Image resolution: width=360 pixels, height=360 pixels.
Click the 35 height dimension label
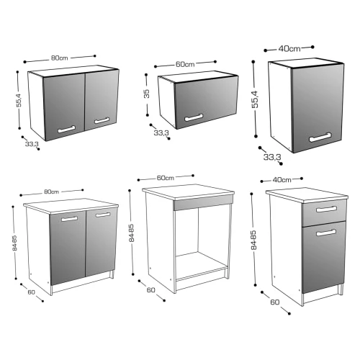(145, 94)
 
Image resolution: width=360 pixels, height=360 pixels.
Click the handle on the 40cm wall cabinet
(320, 136)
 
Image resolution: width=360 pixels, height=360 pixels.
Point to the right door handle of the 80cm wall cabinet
(102, 120)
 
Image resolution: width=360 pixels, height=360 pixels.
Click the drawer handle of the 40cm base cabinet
(325, 210)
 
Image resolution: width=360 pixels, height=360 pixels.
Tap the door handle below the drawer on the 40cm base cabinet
(325, 232)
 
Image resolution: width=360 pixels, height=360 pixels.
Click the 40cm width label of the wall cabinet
(290, 48)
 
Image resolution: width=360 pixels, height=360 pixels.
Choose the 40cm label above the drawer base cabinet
(282, 179)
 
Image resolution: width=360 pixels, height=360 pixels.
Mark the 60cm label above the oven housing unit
(166, 177)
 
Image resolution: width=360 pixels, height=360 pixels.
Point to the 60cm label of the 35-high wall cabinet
(185, 64)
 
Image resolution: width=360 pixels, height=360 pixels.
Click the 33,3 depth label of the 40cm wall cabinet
(271, 156)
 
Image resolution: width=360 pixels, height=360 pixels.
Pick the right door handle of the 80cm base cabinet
(103, 215)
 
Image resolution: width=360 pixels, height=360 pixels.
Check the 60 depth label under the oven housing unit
(150, 290)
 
